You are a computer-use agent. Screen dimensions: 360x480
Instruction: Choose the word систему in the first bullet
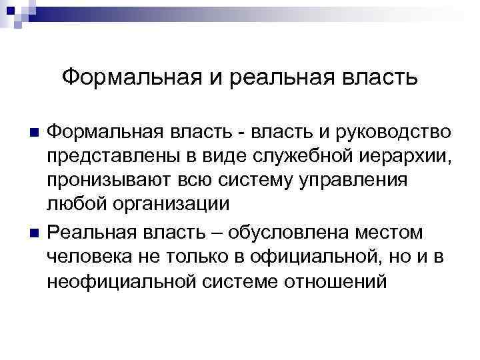pos(251,181)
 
